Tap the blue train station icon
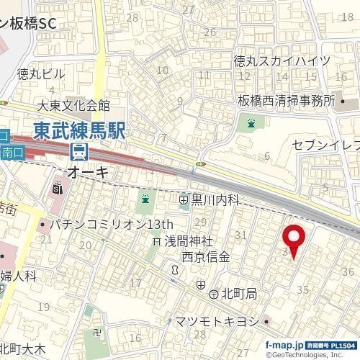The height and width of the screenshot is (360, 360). click(x=78, y=152)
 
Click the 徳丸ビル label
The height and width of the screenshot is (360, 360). click(x=40, y=73)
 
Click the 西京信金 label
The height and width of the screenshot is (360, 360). click(x=205, y=256)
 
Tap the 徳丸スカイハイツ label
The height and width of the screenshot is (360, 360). click(x=282, y=60)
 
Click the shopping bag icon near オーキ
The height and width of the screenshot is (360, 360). click(x=58, y=189)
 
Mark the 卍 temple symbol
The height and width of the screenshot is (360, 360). click(x=97, y=333)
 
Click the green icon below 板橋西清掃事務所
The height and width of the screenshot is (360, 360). click(x=251, y=124)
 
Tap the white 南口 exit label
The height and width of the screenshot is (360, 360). click(x=13, y=153)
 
